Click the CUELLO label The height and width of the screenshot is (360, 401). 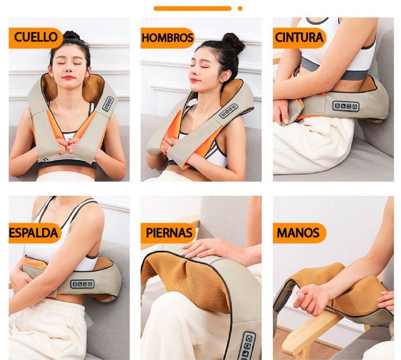[x=36, y=37]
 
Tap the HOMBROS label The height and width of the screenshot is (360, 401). [x=167, y=37]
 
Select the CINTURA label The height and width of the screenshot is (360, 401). [x=299, y=37]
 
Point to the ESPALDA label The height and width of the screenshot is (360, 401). [x=34, y=233]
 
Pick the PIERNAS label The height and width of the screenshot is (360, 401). [x=169, y=233]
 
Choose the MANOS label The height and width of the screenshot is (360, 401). [x=298, y=233]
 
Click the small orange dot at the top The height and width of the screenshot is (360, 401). [x=240, y=8]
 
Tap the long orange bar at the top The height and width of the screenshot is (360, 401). [x=193, y=8]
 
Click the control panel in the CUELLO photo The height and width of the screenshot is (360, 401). [x=108, y=104]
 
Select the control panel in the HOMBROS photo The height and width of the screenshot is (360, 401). [x=229, y=111]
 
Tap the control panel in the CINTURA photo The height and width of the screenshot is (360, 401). [x=346, y=105]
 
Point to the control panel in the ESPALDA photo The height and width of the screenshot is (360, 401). [x=82, y=284]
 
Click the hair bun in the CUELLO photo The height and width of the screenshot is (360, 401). [x=71, y=36]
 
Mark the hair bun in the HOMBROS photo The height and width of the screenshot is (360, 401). [x=233, y=42]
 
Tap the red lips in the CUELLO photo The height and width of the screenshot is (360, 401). [x=68, y=77]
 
